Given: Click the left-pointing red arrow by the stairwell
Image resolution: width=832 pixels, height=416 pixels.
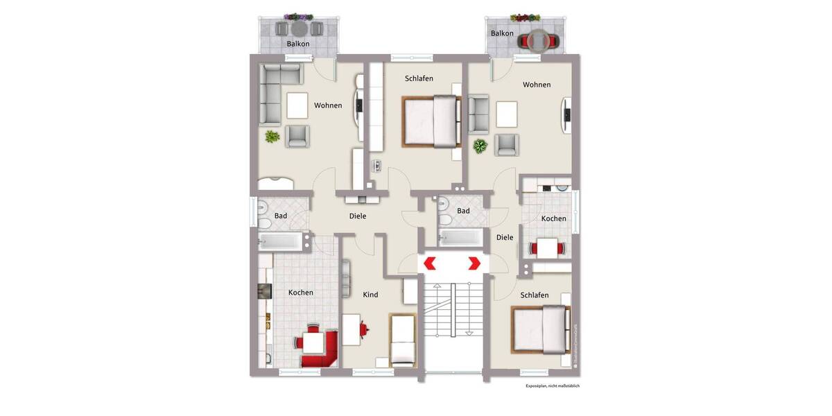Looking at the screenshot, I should [x=429, y=263].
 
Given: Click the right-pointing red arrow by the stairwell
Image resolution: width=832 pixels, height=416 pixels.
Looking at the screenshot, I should [x=475, y=263].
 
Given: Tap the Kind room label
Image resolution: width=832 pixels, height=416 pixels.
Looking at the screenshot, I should [x=370, y=295].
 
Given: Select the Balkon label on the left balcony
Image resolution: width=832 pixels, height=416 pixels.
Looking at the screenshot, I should [x=298, y=44].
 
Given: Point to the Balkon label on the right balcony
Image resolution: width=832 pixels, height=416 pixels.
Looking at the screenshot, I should [x=502, y=33].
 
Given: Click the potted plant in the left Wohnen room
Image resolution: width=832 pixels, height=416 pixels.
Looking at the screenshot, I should [x=270, y=137].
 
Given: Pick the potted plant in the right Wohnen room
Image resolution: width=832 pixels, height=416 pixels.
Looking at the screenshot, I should [x=479, y=146].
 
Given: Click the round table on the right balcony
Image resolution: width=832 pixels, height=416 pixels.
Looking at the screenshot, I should [x=538, y=41].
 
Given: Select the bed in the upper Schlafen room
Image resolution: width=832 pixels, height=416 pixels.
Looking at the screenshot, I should [x=431, y=121].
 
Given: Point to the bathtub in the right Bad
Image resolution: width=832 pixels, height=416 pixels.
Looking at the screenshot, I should [x=460, y=237].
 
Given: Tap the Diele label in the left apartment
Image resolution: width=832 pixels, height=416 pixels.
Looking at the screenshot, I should [x=357, y=216].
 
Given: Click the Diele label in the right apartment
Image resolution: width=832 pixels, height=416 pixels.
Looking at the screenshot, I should [x=505, y=237].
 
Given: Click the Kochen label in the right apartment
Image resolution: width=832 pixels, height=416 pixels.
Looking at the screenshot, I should [x=553, y=218].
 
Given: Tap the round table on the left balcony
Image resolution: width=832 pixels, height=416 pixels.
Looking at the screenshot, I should [x=299, y=29].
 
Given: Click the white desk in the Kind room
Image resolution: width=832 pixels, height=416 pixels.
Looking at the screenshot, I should [x=351, y=329].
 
